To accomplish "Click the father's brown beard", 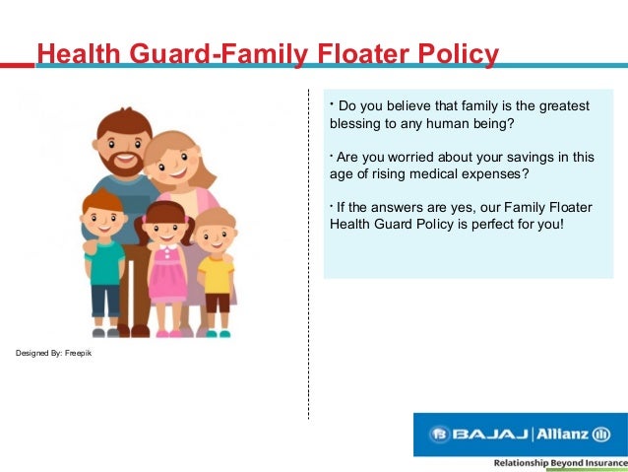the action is [121, 163].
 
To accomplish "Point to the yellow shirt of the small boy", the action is [216, 275].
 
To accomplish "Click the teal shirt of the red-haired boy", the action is [104, 262].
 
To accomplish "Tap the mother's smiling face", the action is [173, 164].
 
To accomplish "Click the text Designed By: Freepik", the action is [54, 353].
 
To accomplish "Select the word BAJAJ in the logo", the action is [490, 434].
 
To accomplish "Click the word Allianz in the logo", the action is [562, 434].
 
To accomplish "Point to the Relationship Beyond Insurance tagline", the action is [561, 463].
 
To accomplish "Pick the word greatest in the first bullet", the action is [564, 106].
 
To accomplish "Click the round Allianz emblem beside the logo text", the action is [600, 435].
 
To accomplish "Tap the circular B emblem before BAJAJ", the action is [440, 435].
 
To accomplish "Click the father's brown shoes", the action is [133, 330].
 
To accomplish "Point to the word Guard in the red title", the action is [170, 53].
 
